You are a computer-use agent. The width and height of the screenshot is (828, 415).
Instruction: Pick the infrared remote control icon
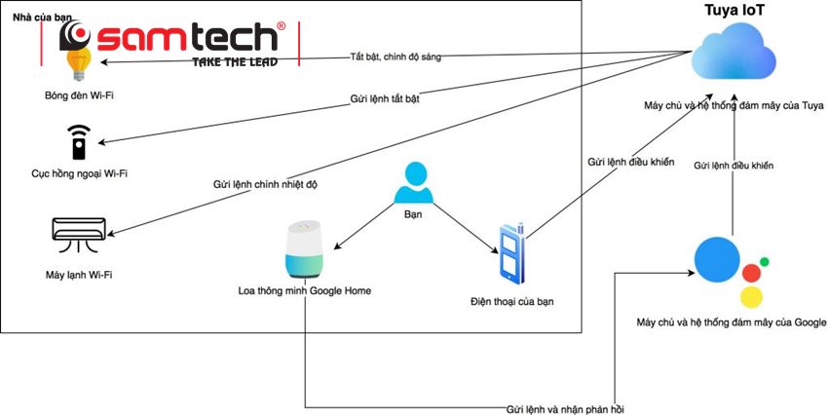(77, 142)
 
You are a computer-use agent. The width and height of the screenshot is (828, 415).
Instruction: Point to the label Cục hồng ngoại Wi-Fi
(80, 174)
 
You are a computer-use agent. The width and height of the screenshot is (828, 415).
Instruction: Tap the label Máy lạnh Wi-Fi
(79, 276)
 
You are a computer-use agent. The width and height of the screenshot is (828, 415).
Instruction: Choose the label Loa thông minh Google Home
(305, 290)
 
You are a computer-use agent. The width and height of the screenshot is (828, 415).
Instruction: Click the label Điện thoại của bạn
(511, 302)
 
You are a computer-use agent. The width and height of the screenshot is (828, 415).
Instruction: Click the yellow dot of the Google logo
(750, 297)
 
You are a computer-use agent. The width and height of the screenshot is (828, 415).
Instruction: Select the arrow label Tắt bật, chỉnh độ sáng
(395, 57)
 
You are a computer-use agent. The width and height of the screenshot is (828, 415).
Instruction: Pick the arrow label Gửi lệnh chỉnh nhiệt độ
(266, 184)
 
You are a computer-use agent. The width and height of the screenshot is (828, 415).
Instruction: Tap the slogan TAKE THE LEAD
(234, 61)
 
